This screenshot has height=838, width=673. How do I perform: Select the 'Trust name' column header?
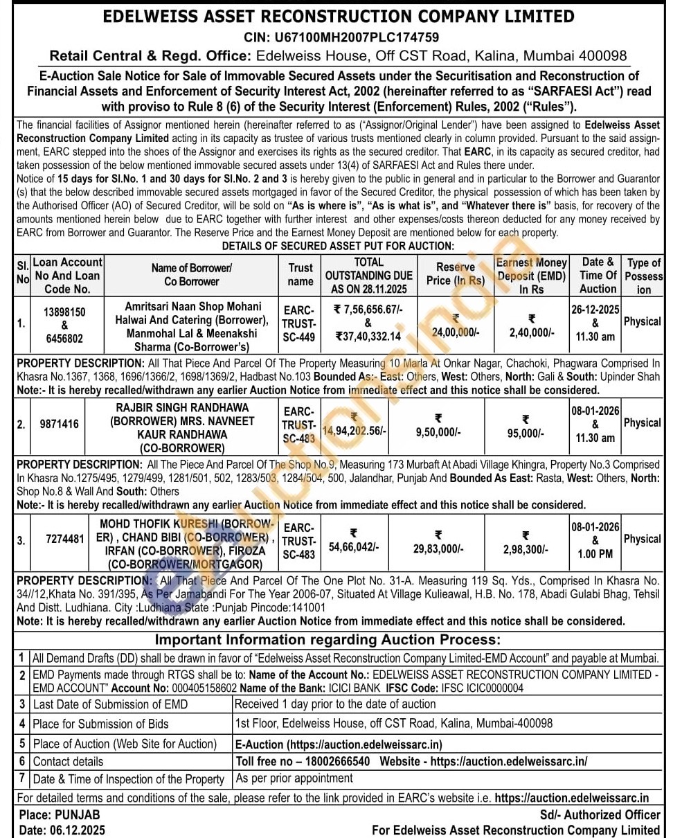coord(300,275)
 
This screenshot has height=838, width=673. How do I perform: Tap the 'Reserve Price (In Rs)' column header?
coord(455,274)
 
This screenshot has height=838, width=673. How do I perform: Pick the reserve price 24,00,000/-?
coord(455,332)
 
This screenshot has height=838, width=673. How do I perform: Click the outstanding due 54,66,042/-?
coord(353,547)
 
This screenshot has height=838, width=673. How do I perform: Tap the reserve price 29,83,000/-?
coord(438,549)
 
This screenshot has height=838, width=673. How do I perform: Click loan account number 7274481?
coord(65,539)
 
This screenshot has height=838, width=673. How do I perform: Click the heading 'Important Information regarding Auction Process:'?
coord(327,640)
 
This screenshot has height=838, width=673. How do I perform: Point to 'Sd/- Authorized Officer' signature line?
coord(600,814)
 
